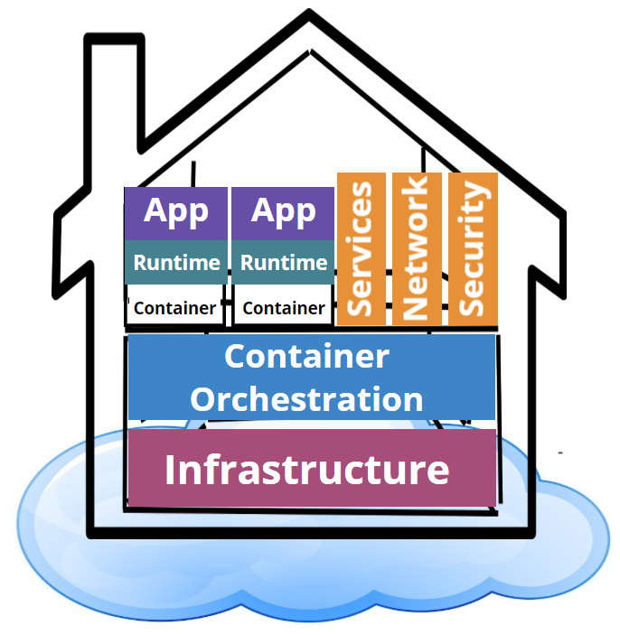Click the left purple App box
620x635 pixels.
tap(176, 213)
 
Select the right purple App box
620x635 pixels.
tap(283, 213)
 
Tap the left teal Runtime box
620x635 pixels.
tap(176, 263)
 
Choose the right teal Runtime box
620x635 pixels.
tap(283, 263)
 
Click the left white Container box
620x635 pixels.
tap(175, 307)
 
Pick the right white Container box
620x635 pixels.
tap(283, 307)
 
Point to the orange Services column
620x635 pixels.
tap(361, 247)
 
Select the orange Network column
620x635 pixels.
tap(417, 247)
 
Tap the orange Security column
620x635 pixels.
tap(473, 247)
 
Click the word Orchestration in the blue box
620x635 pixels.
tap(306, 398)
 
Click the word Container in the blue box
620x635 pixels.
tap(306, 356)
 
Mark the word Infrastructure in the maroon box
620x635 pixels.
tap(306, 470)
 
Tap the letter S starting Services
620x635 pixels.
tap(360, 304)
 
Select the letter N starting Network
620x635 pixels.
tap(416, 306)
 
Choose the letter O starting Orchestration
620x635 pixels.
tap(202, 398)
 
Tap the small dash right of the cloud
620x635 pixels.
tap(560, 451)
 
